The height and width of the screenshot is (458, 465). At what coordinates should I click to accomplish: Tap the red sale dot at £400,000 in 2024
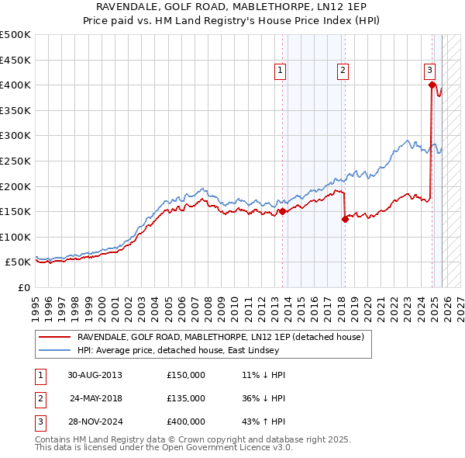[x=432, y=85]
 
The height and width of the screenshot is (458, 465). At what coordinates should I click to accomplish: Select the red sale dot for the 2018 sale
[x=345, y=219]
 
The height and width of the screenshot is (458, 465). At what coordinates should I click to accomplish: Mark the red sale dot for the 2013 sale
[x=282, y=211]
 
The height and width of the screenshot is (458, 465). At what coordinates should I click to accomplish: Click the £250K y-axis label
[x=15, y=161]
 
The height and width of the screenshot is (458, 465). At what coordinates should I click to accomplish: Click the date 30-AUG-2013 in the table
[x=95, y=375]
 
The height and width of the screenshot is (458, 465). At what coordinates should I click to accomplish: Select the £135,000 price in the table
[x=186, y=398]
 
